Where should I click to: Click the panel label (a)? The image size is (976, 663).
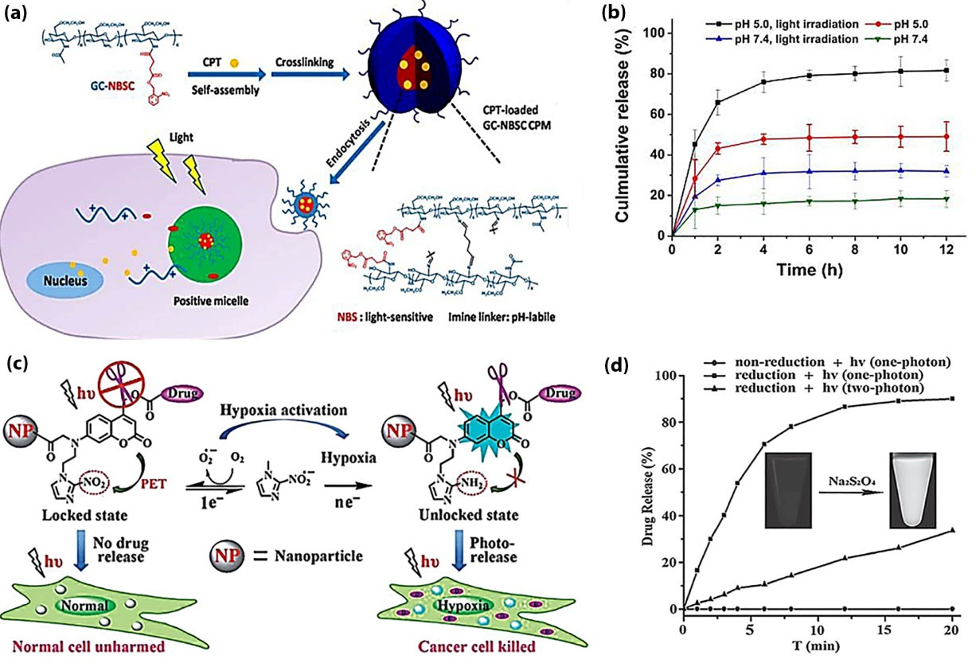[18, 15]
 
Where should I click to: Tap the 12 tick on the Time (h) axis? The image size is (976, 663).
[946, 248]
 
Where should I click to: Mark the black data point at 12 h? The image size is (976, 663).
[946, 71]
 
